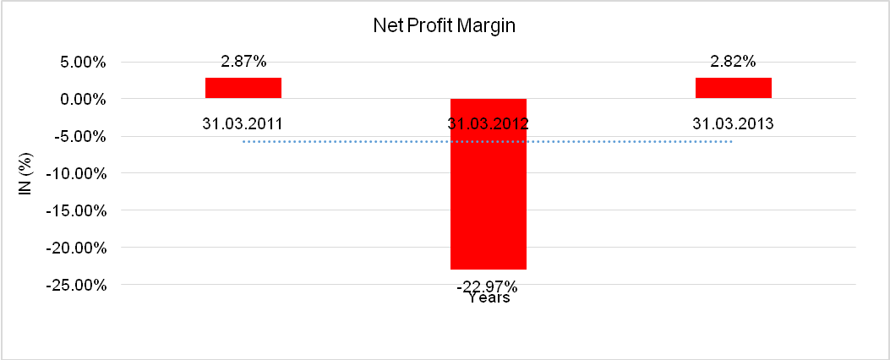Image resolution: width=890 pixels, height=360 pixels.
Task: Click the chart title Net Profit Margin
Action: (445, 25)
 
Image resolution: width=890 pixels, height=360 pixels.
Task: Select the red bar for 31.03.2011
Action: (243, 88)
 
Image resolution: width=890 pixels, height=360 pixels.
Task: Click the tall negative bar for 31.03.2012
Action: (489, 183)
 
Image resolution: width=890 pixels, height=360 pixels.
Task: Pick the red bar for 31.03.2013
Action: (734, 88)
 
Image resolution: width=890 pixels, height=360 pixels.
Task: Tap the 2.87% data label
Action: (243, 61)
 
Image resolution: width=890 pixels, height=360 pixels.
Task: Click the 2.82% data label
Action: (734, 61)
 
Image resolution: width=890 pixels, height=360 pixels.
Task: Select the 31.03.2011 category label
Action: (243, 123)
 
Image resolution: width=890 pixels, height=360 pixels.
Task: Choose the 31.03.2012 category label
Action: (489, 123)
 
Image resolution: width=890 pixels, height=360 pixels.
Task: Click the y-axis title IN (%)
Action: (25, 173)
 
